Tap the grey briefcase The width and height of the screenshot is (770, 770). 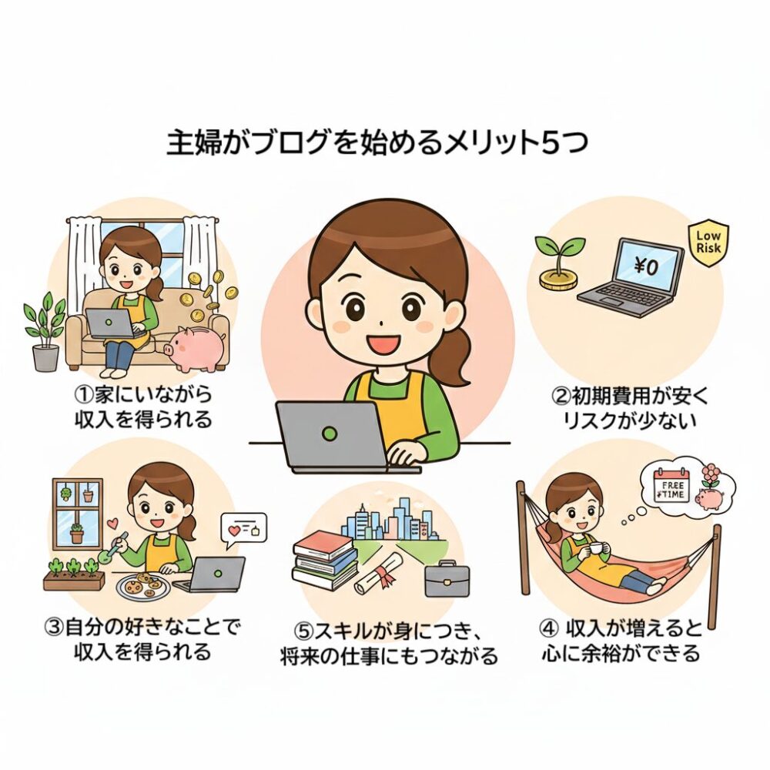click(x=447, y=579)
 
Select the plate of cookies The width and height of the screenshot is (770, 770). click(x=142, y=584)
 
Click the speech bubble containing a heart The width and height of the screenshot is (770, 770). click(x=244, y=531)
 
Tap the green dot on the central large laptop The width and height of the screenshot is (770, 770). click(x=330, y=433)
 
